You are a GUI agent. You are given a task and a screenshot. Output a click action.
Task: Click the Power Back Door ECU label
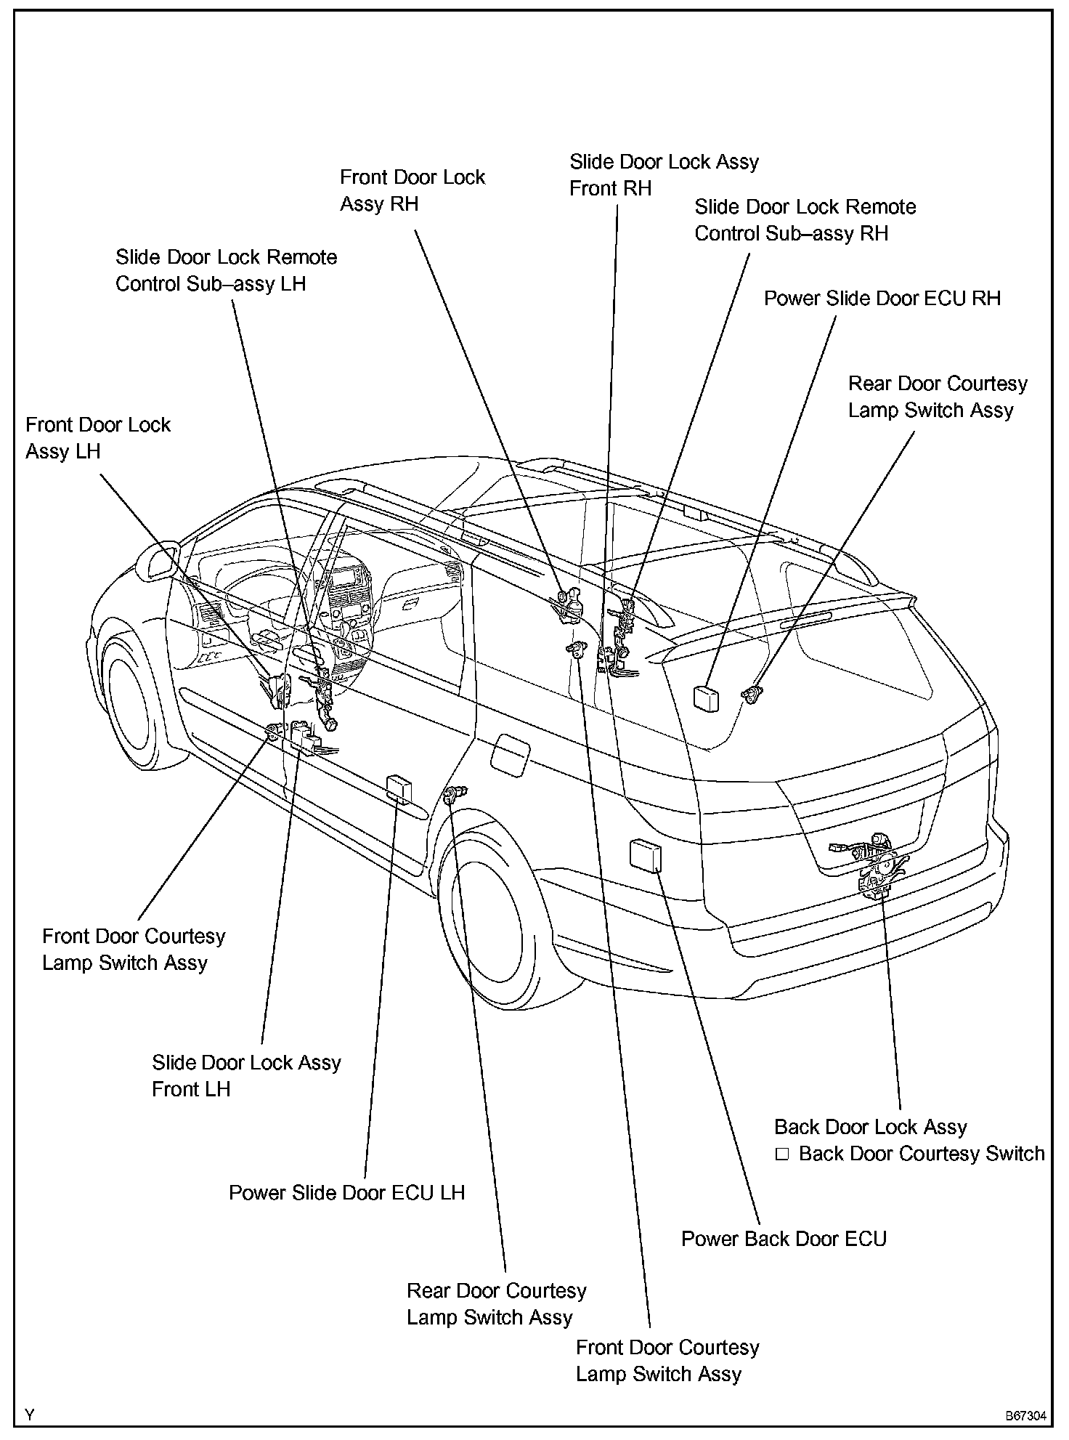coord(784,1239)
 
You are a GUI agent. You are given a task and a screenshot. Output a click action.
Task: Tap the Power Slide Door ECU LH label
coord(346,1192)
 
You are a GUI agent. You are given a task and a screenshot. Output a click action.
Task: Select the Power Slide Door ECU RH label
coord(882,298)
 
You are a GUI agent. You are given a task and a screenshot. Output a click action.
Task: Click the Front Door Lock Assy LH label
coord(98,437)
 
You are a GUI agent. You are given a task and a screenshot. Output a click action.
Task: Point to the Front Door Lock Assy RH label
coord(412,190)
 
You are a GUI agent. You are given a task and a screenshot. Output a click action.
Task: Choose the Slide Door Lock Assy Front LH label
coord(246,1075)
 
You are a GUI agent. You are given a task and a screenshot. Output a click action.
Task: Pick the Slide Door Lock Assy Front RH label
coord(664,175)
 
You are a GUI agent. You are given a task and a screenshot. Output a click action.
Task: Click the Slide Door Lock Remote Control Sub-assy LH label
coord(226,270)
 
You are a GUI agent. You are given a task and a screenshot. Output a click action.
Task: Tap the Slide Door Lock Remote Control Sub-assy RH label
coord(805,220)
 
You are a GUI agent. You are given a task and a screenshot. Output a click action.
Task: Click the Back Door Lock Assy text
coord(870,1127)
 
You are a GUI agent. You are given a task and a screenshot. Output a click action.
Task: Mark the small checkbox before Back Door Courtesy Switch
coord(781,1154)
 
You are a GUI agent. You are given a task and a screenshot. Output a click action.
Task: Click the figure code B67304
coord(1025,1416)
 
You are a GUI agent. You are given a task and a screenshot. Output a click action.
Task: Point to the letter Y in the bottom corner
coord(30,1415)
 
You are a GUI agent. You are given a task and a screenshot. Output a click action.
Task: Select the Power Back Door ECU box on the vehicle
coord(646,854)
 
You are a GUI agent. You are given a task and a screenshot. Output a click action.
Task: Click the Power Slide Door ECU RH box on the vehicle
coord(706,697)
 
